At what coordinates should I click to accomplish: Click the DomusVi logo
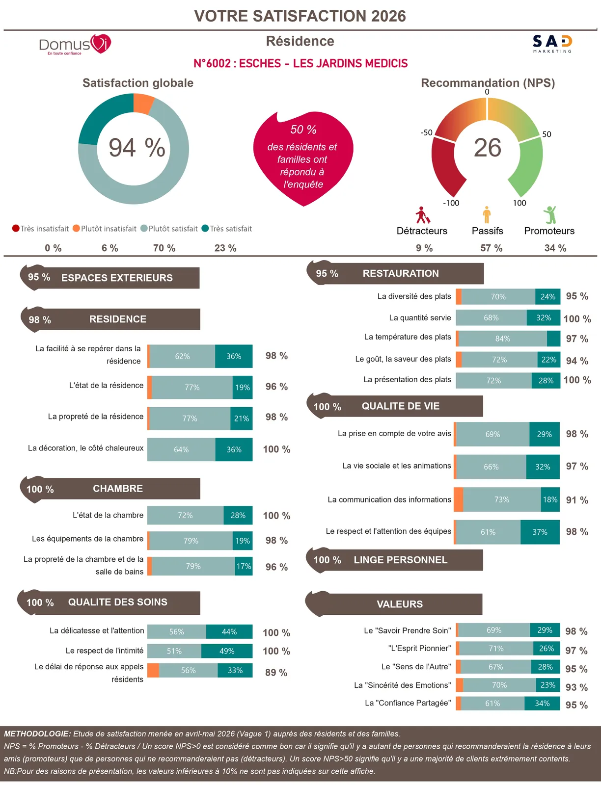tap(75, 44)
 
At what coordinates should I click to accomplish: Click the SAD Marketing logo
tap(552, 44)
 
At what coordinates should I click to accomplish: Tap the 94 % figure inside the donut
tap(137, 147)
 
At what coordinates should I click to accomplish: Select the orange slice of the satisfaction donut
tap(143, 104)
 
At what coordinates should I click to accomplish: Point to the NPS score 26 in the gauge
tap(487, 147)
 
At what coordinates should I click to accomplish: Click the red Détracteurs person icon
tap(422, 215)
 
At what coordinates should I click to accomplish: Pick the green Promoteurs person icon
tap(550, 214)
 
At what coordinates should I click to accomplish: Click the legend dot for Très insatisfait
tap(16, 228)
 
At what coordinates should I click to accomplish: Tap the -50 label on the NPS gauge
tap(426, 132)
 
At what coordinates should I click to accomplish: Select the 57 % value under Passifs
tap(491, 248)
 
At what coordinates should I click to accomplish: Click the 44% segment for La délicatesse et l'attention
tap(229, 631)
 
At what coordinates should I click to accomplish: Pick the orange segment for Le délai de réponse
tap(153, 670)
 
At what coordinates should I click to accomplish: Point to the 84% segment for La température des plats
tap(503, 339)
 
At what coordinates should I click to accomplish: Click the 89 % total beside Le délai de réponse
tap(276, 673)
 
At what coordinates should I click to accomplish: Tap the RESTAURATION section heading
tap(401, 273)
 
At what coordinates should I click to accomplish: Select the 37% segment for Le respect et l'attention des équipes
tap(540, 532)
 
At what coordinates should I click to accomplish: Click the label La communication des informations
tap(389, 499)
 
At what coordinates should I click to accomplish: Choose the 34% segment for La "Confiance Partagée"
tap(542, 703)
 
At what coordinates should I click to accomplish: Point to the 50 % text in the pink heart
tap(303, 130)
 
